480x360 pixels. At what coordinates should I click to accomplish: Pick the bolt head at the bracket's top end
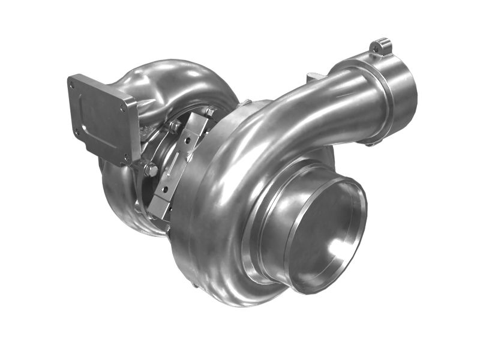210,112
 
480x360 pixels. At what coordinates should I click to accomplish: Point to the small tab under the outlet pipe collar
372,143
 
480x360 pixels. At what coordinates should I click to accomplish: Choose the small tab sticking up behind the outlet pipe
312,77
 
